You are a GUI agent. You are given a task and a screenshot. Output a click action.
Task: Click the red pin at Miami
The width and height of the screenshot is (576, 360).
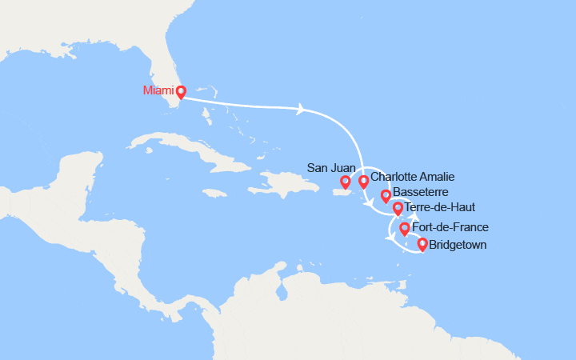point(181,91)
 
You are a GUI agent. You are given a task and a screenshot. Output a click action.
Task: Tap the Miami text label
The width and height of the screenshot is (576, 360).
point(158,90)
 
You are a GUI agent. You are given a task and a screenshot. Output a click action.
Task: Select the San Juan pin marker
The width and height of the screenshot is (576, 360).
point(346,182)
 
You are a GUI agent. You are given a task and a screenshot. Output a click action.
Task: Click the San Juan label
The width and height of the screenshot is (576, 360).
point(329,168)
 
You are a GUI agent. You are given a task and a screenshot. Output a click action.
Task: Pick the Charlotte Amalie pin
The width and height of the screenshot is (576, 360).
point(364,182)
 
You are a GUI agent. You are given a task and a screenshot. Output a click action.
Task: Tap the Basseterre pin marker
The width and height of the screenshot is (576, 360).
point(386,195)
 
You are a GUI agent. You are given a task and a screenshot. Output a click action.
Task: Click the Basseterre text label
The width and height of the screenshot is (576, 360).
point(421,194)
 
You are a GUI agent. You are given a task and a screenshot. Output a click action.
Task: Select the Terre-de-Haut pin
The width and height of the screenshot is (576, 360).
point(398,209)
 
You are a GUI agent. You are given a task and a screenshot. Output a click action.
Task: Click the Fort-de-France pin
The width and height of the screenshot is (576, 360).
point(405,229)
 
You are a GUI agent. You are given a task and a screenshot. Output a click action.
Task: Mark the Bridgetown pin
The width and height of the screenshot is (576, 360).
point(422,244)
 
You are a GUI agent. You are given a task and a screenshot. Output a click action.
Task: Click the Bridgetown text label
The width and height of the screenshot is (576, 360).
point(457,245)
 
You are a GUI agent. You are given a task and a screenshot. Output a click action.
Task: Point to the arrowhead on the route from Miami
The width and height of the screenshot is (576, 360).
point(302,109)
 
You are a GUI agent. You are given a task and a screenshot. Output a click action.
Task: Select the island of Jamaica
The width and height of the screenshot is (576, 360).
point(214,192)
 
